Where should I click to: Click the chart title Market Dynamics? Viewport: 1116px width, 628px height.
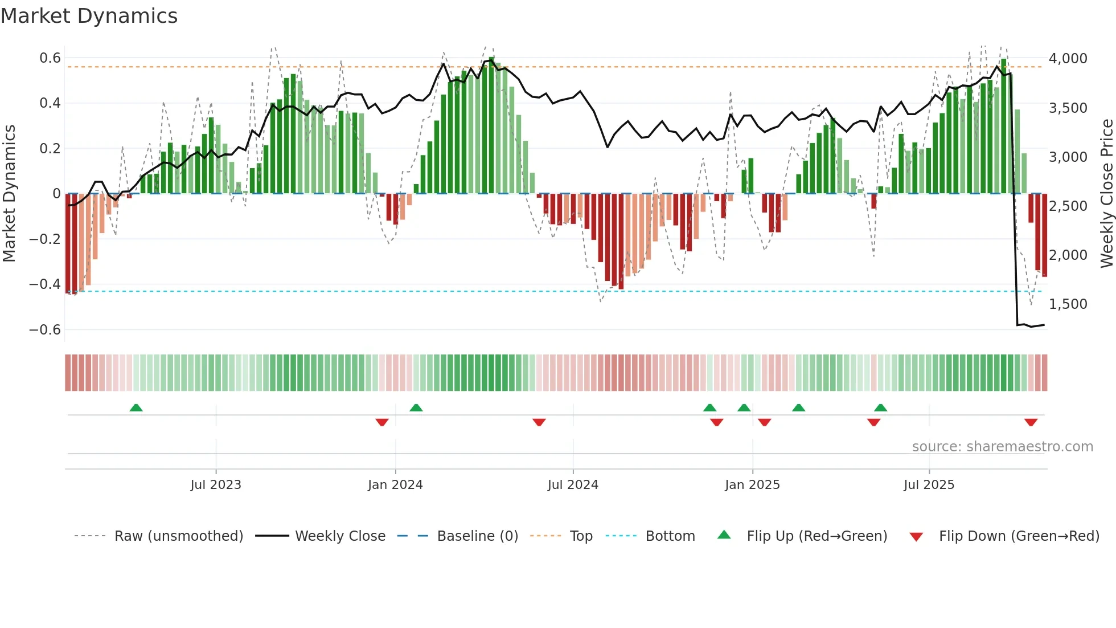click(x=89, y=16)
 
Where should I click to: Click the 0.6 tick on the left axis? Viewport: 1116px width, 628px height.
click(x=50, y=58)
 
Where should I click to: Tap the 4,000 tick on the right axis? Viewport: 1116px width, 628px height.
click(x=1068, y=58)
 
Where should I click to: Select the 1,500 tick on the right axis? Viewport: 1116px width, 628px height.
click(x=1068, y=304)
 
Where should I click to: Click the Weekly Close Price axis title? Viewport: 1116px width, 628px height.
click(x=1106, y=193)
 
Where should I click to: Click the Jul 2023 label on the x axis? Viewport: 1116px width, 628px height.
click(x=216, y=485)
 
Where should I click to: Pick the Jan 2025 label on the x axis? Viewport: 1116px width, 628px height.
click(x=752, y=485)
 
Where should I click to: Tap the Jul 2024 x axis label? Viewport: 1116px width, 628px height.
click(x=573, y=485)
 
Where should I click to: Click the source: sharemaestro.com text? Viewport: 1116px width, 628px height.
click(x=1002, y=447)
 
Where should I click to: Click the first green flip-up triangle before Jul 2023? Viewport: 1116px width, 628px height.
click(x=136, y=408)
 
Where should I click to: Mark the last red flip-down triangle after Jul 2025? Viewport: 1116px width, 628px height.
click(x=1031, y=422)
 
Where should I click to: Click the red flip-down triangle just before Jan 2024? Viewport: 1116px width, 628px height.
click(x=382, y=422)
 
